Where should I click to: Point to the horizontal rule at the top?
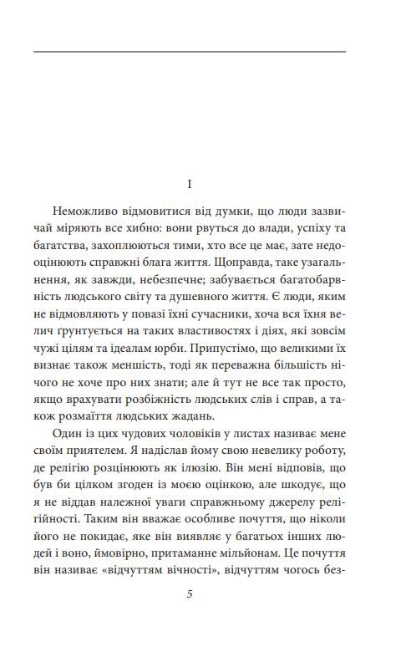pyautogui.click(x=190, y=52)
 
